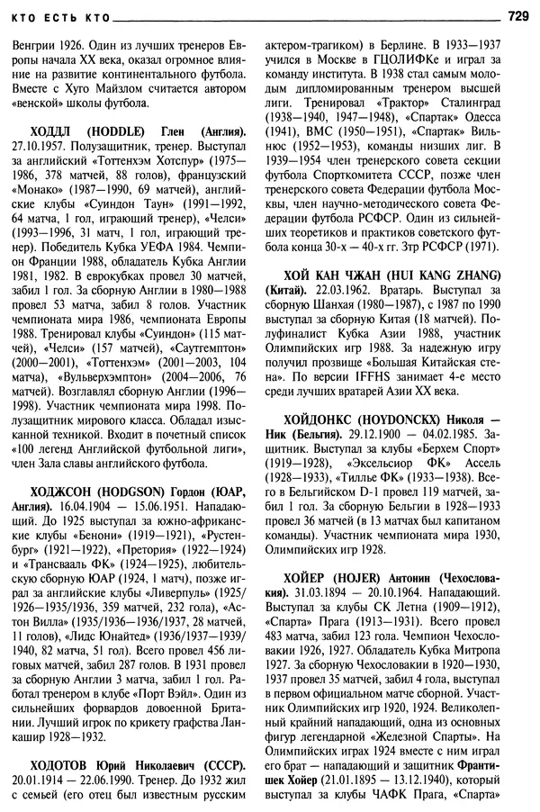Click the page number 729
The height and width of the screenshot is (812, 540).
(518, 14)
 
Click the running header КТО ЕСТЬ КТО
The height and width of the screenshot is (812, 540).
(58, 15)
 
